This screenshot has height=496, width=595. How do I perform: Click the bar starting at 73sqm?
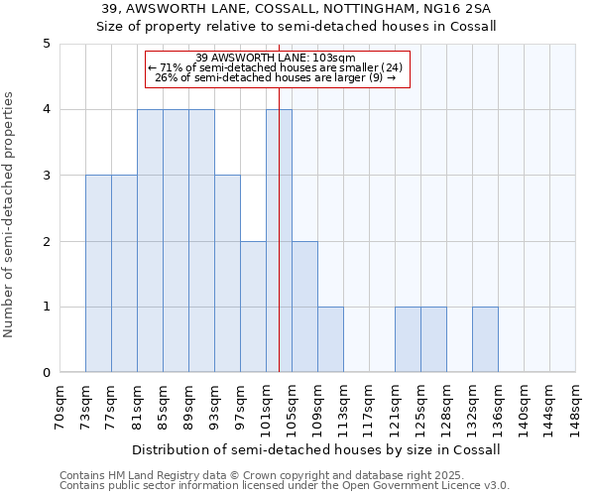click(98, 274)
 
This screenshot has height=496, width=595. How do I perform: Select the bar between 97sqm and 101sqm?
click(253, 307)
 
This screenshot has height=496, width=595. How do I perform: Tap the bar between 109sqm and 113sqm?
click(330, 339)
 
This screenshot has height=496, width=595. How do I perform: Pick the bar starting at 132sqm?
click(485, 339)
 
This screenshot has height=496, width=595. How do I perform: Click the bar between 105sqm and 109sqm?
click(304, 307)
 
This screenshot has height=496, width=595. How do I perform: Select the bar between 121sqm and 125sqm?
click(408, 339)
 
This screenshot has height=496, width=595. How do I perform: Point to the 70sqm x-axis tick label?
click(59, 407)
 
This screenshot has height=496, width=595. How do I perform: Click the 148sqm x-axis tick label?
click(575, 407)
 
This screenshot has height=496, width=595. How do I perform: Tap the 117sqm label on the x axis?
click(369, 407)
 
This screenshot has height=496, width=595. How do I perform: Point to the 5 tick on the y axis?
click(47, 44)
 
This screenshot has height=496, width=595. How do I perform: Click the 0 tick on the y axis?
click(47, 373)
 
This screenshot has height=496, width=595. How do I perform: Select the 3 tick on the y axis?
click(47, 176)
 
